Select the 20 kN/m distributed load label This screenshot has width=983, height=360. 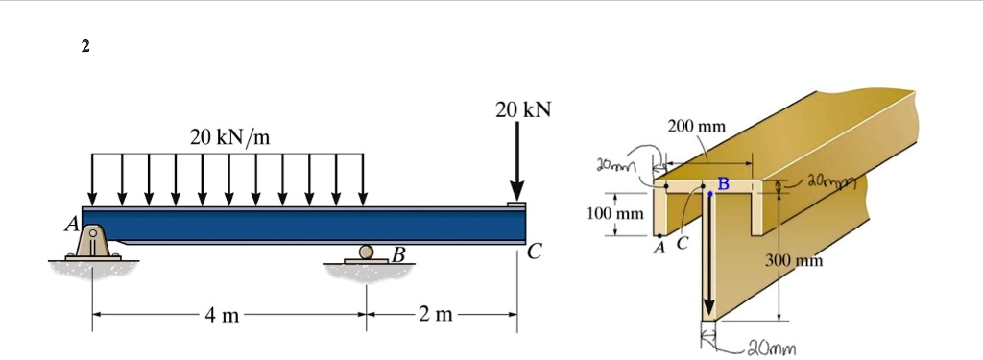click(x=229, y=137)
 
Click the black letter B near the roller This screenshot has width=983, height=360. click(x=398, y=254)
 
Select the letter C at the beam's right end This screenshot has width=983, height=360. click(x=534, y=253)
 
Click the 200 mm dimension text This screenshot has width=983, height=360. click(x=696, y=127)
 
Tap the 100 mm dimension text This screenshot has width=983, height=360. click(x=616, y=212)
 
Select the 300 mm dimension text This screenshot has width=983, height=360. click(x=793, y=260)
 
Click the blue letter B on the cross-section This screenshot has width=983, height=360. click(x=724, y=182)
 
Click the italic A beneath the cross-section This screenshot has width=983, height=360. click(x=658, y=247)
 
